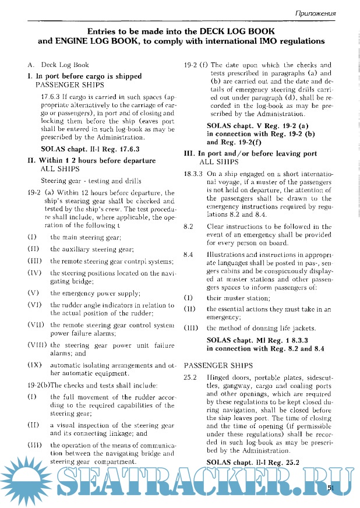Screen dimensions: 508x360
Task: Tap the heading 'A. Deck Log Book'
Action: coord(58,65)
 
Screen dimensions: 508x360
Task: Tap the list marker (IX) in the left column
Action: coord(33,365)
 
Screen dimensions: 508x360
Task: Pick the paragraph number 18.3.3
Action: coord(193,174)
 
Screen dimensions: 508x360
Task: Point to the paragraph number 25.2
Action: coord(190,378)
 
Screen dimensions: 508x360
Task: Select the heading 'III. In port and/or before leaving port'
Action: coord(250,154)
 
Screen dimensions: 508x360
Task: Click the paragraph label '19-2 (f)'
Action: coord(196,65)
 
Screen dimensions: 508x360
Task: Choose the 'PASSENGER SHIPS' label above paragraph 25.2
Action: coord(218,365)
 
